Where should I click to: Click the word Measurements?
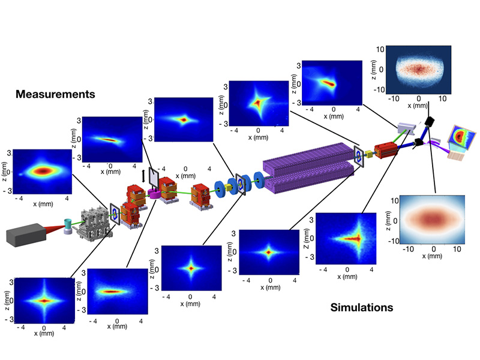(56, 94)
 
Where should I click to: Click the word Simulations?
(362, 308)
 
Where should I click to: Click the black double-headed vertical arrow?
(143, 176)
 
